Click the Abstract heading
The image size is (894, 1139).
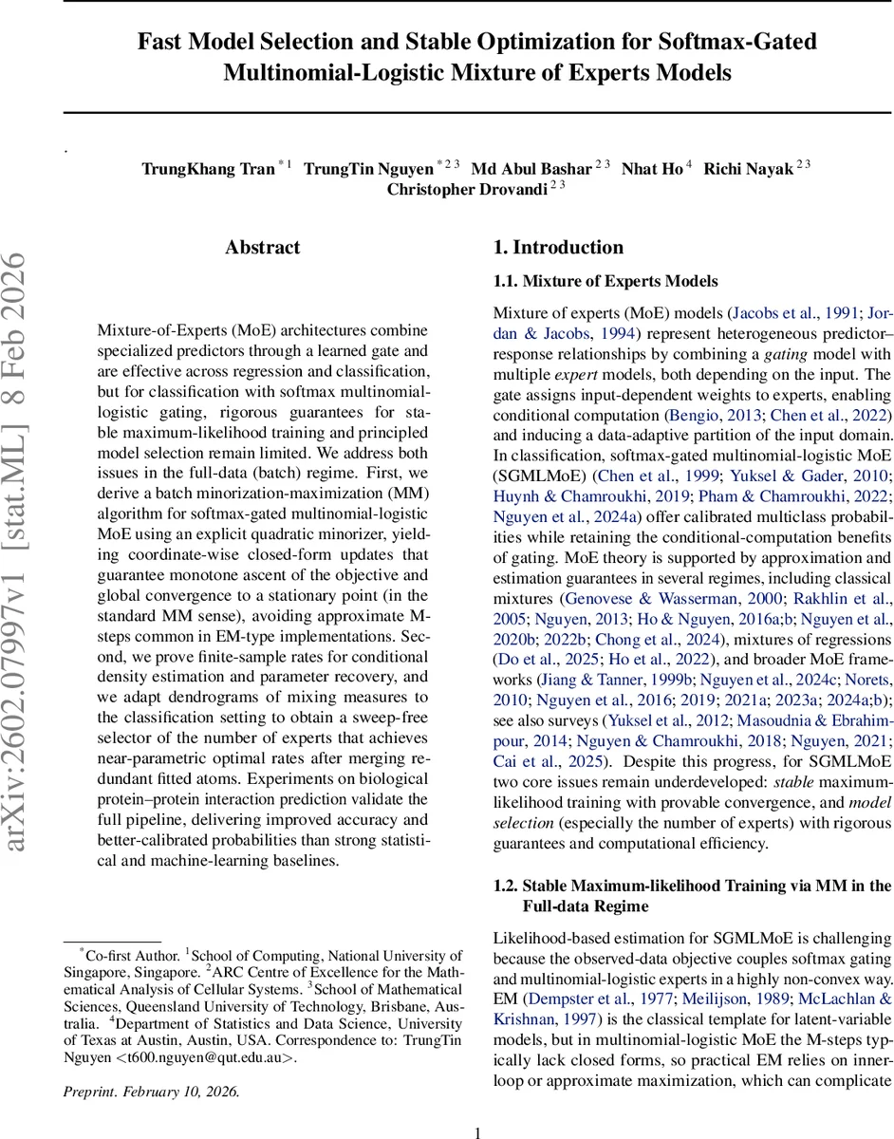pos(262,248)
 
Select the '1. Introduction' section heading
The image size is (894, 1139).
pos(558,248)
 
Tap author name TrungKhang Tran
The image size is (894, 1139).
pos(208,169)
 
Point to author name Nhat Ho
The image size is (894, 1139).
pos(651,169)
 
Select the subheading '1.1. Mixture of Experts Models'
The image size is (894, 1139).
pos(605,281)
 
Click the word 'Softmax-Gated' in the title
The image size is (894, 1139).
pos(745,42)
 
